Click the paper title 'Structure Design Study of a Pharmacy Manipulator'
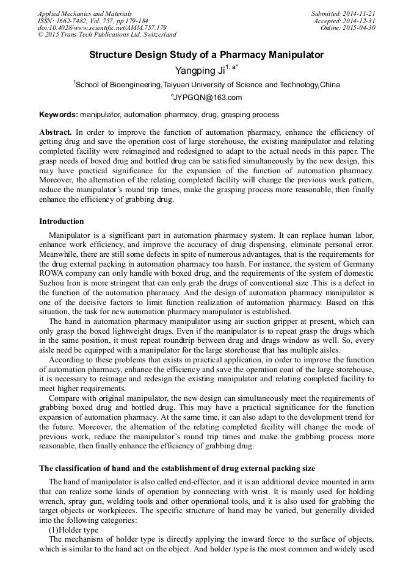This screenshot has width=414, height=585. pyautogui.click(x=206, y=55)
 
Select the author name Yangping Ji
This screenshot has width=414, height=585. pyautogui.click(x=197, y=71)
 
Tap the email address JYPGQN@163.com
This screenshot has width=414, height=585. pyautogui.click(x=208, y=98)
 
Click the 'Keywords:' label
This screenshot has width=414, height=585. pyautogui.click(x=59, y=115)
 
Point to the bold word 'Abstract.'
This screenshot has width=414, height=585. pyautogui.click(x=56, y=132)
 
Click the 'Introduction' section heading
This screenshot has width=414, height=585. pyautogui.click(x=62, y=221)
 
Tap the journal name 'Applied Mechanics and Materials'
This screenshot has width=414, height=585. pyautogui.click(x=84, y=13)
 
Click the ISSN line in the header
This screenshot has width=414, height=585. pyautogui.click(x=93, y=21)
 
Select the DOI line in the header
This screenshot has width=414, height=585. pyautogui.click(x=102, y=27)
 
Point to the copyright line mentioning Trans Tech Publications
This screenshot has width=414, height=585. pyautogui.click(x=107, y=35)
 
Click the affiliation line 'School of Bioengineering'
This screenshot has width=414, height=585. pyautogui.click(x=206, y=85)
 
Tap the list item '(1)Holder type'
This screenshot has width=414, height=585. pyautogui.click(x=73, y=530)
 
